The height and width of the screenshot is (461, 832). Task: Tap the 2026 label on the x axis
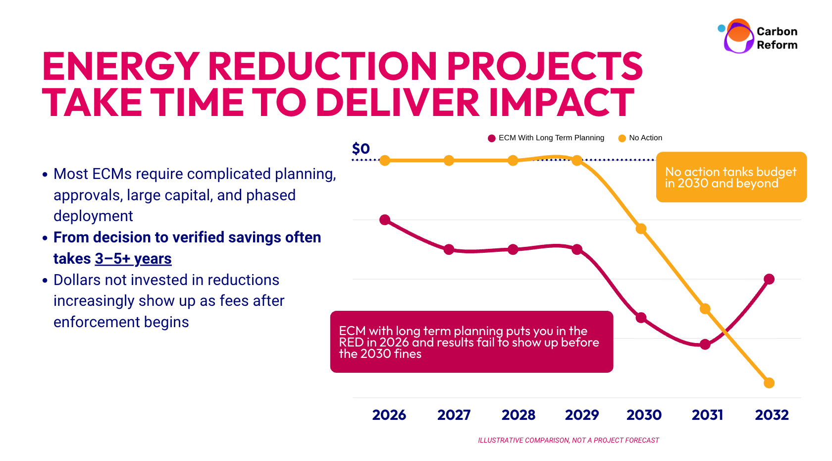click(x=389, y=415)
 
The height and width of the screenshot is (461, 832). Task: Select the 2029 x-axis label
click(x=582, y=415)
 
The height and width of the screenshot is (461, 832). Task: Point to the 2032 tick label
click(x=772, y=415)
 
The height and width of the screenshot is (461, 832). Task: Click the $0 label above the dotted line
click(x=361, y=148)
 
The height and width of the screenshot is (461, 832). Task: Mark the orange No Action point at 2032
click(x=769, y=383)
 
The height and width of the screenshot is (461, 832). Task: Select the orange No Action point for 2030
click(x=641, y=229)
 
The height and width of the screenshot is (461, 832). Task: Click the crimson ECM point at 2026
click(x=385, y=220)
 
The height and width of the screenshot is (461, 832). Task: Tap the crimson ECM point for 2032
click(x=769, y=279)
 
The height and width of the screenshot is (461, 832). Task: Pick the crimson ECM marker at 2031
click(x=705, y=345)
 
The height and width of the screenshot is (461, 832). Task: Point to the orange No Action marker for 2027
click(x=449, y=161)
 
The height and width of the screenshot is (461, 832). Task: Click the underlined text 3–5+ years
click(x=133, y=259)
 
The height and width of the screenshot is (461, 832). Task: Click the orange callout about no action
click(x=731, y=177)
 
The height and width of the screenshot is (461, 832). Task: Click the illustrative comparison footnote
click(x=568, y=440)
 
